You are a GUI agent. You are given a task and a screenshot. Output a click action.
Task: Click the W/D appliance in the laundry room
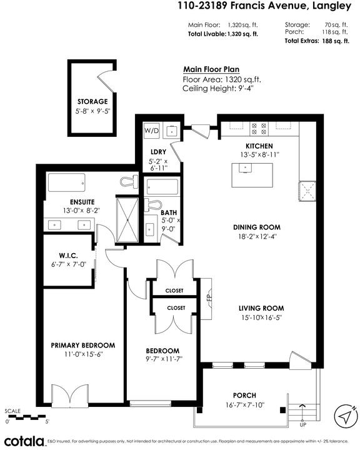click(151, 131)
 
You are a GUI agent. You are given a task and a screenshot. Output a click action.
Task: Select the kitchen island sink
click(245, 167)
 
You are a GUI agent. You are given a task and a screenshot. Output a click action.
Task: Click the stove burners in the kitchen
click(259, 129)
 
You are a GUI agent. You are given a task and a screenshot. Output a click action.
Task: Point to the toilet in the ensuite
click(129, 182)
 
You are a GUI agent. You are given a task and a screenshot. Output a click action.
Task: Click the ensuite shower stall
click(127, 220)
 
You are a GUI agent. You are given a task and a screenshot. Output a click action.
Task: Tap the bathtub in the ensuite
click(67, 182)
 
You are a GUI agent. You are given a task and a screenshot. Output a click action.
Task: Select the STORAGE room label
click(92, 102)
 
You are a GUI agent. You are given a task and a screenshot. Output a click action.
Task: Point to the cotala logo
click(25, 441)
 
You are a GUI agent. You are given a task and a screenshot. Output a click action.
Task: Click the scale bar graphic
click(25, 417)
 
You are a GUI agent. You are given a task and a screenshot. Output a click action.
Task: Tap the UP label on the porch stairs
click(303, 424)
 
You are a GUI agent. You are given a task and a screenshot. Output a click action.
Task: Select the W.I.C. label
click(68, 256)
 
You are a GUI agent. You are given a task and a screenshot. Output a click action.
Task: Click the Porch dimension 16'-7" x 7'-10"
click(244, 405)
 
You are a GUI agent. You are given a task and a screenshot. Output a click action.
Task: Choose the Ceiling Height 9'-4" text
click(218, 88)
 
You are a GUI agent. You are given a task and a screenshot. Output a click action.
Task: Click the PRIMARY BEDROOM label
click(83, 345)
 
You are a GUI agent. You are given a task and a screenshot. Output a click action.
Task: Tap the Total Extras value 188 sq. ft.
click(336, 41)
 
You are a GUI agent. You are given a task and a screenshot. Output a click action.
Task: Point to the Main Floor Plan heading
click(211, 69)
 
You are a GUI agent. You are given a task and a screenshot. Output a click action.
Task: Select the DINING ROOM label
click(257, 227)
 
